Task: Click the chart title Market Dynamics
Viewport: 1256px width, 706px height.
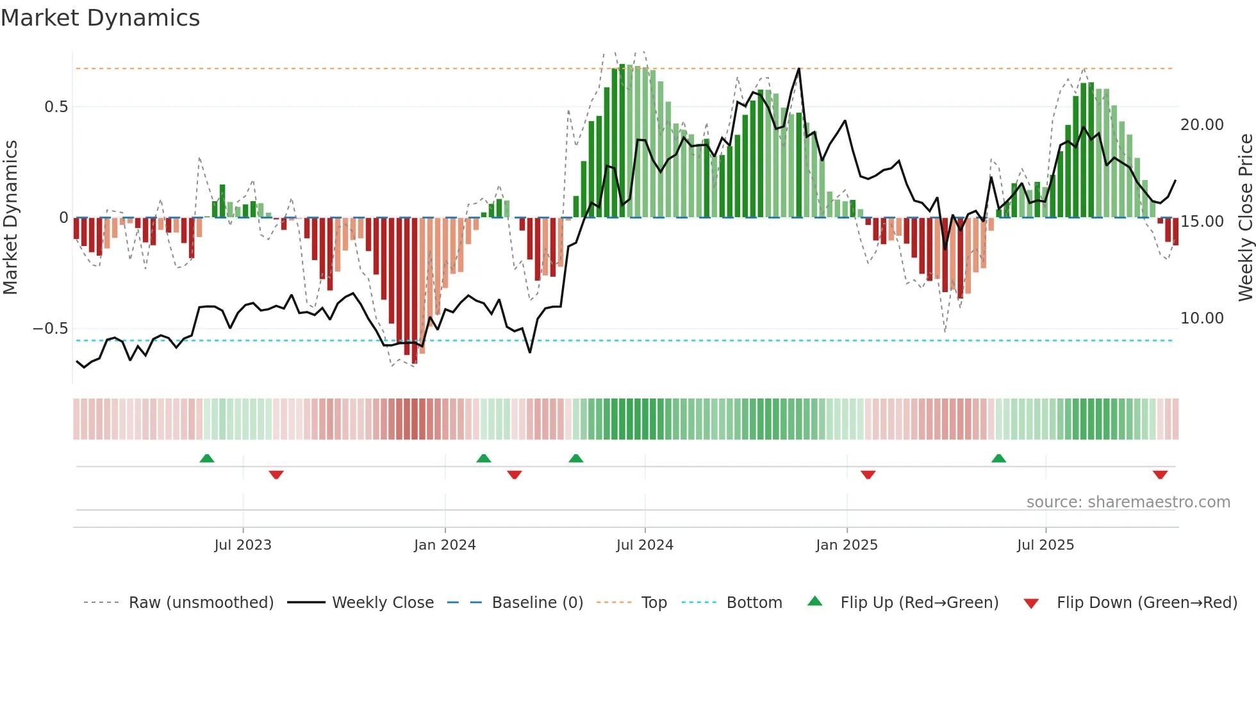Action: point(100,18)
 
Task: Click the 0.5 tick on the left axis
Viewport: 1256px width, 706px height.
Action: point(56,107)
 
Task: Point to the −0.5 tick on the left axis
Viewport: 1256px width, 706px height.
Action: point(51,329)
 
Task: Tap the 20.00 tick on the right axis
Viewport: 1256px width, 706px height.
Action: point(1202,125)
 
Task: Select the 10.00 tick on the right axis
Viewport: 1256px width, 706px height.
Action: point(1202,318)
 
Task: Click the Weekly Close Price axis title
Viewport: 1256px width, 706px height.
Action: point(1245,217)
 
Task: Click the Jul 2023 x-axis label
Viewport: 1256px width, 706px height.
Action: point(243,545)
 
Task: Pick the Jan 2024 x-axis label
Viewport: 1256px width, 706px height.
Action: point(445,545)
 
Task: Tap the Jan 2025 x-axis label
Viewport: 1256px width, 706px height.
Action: point(847,545)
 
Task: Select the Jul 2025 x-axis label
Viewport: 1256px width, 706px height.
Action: point(1045,545)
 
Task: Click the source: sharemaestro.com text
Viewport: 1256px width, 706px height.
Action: point(1128,502)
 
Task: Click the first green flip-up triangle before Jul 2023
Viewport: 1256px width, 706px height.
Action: point(206,459)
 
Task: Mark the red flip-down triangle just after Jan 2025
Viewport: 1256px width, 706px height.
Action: point(868,475)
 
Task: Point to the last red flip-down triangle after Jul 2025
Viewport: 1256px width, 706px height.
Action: point(1160,475)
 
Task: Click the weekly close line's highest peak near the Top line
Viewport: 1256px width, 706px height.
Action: point(799,69)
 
